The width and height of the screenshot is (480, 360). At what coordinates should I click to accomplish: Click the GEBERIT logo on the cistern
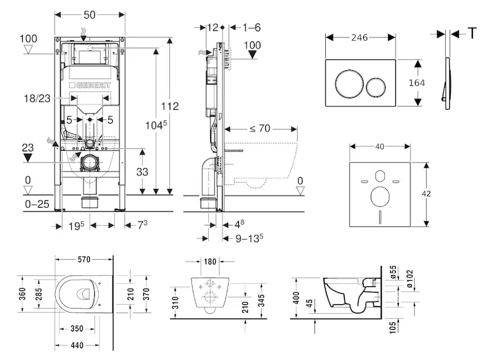[89, 85]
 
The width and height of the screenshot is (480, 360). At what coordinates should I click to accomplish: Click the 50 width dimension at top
[89, 14]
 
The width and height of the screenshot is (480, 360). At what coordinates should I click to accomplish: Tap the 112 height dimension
[170, 106]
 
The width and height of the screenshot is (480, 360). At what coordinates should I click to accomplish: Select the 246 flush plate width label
[359, 37]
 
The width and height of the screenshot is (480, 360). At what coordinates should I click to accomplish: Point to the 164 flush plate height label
[416, 83]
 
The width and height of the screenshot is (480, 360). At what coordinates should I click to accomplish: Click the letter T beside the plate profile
[473, 32]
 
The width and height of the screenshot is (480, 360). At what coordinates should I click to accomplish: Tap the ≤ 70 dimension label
[260, 128]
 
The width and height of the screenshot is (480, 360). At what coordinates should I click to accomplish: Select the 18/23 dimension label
[37, 98]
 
